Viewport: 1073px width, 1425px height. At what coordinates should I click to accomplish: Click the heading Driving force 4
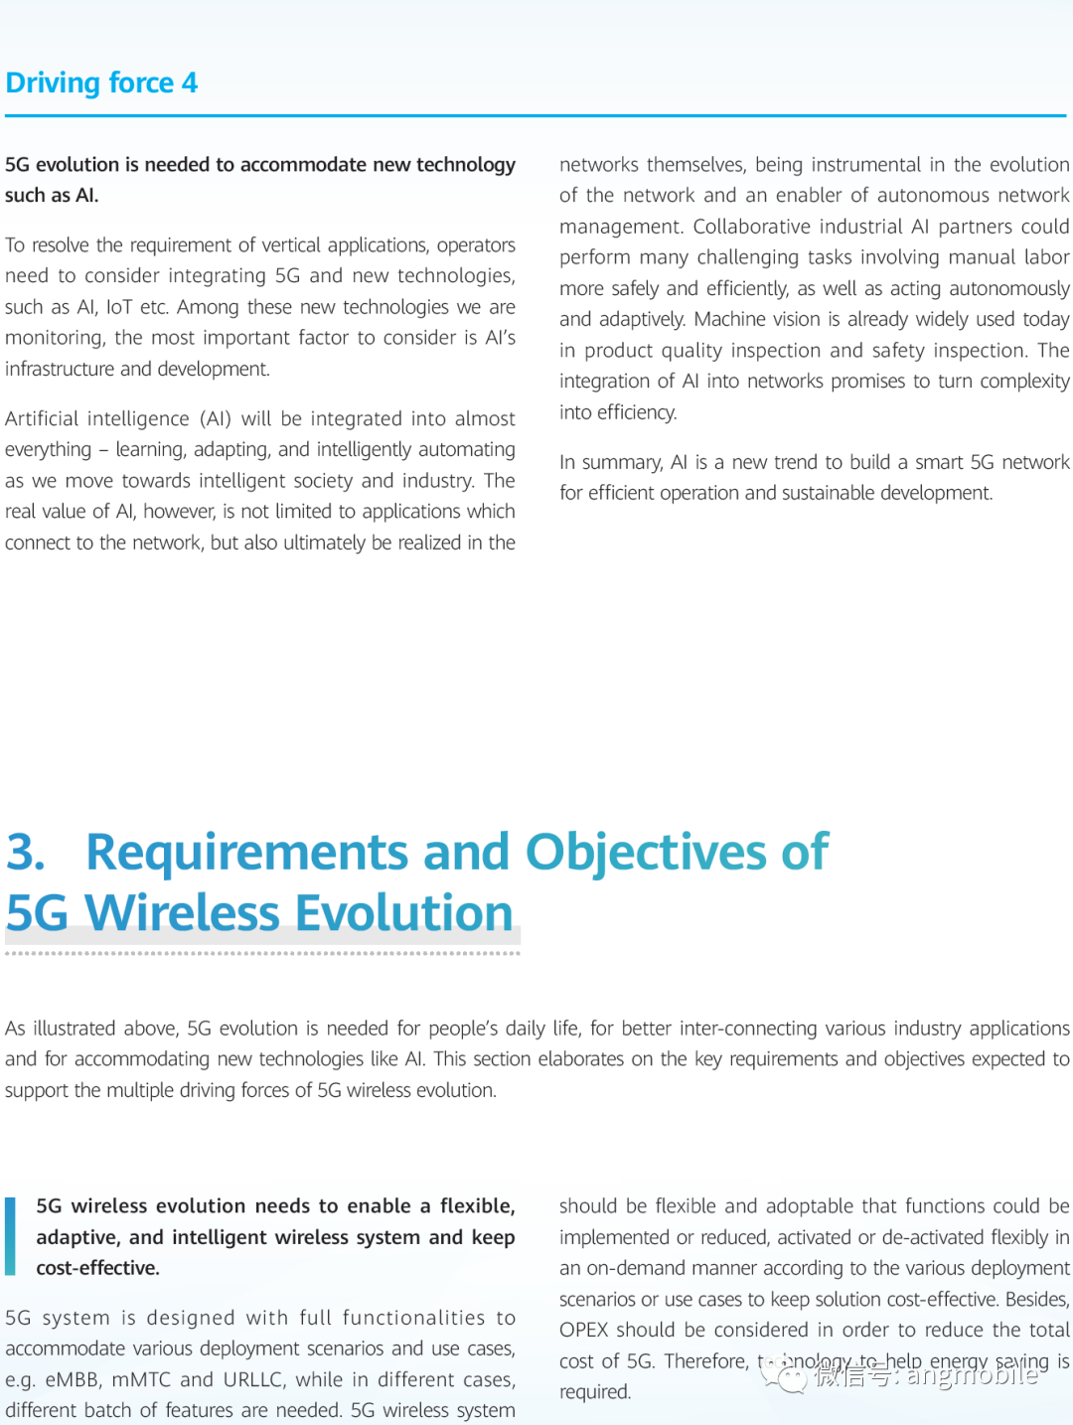(101, 82)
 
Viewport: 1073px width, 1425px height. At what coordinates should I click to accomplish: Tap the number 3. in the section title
(26, 853)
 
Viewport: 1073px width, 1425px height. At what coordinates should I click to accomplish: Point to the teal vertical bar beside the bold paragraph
(10, 1236)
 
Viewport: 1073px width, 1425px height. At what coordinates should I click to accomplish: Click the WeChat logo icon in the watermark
(788, 1375)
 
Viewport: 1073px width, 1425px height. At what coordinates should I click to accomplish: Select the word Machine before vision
(730, 319)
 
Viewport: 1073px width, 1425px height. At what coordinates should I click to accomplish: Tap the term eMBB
(73, 1379)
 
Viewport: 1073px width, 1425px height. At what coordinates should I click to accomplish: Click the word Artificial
(47, 418)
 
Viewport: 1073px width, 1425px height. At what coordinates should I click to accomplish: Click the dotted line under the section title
(262, 953)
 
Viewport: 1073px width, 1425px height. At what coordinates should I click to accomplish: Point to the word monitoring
(54, 338)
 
